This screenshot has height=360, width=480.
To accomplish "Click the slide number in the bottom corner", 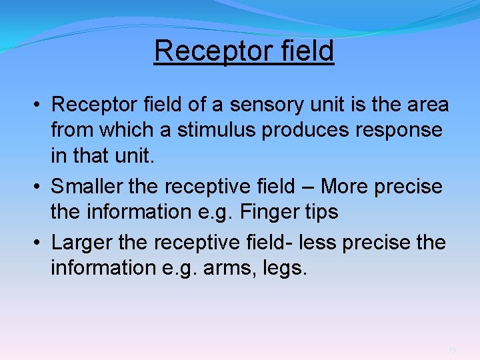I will [x=452, y=350].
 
